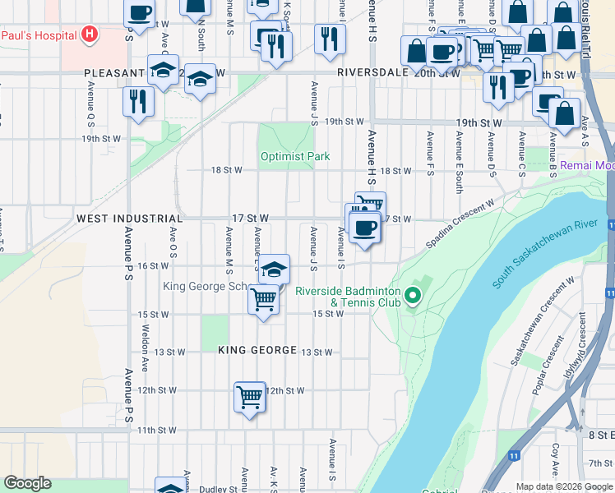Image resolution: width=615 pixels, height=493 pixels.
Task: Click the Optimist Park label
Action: point(294,156)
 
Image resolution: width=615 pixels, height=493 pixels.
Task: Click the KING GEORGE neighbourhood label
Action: point(257,351)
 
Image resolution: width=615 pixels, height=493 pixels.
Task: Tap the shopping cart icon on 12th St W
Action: point(249,398)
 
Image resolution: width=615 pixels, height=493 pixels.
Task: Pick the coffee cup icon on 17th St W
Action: point(364,227)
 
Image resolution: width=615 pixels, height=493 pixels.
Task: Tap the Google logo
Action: point(27,483)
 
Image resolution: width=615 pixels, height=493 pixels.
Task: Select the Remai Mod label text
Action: point(587,165)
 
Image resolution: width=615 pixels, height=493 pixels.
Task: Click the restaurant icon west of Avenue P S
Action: point(137,101)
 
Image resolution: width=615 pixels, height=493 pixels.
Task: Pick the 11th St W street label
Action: point(156,430)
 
